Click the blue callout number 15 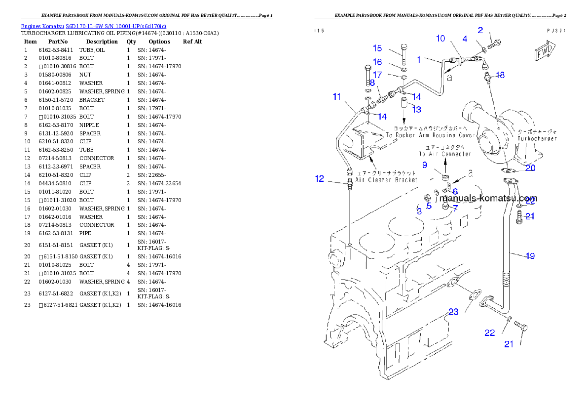pos(377,48)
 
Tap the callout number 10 pos(440,39)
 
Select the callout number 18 pos(500,75)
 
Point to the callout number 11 pos(337,97)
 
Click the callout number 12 pos(320,179)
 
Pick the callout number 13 pos(417,109)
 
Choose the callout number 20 pos(530,167)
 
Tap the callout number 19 pos(530,256)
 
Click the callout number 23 pos(453,312)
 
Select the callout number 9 pos(424,165)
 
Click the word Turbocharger pos(537,139)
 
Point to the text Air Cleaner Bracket pos(387,180)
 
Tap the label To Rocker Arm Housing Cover pos(430,135)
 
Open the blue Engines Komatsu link pos(93,26)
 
